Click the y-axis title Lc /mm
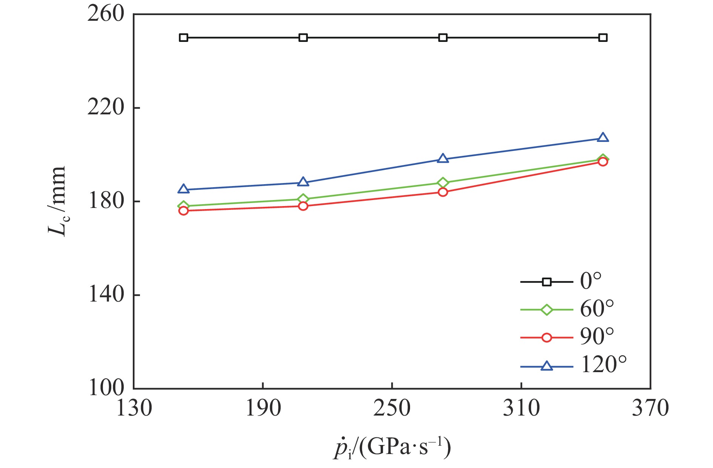57,201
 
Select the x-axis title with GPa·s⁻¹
392,448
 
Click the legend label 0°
591,282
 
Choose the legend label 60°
597,309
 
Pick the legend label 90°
597,337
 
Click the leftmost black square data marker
183,38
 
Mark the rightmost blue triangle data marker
603,137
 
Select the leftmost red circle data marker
183,211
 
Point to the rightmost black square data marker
603,38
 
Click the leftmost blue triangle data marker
183,189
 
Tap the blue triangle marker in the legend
547,366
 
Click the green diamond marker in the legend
547,310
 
